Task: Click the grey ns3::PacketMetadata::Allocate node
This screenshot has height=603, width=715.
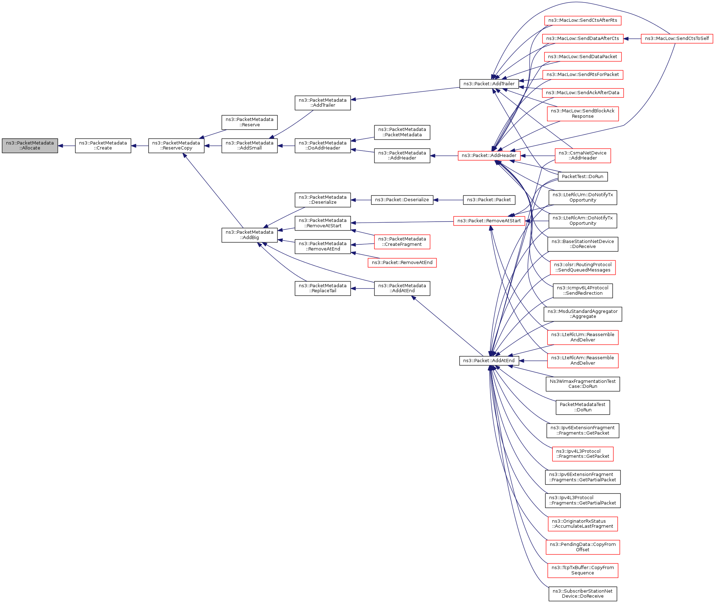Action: [x=30, y=146]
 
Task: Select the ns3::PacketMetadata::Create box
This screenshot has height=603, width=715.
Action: [x=103, y=146]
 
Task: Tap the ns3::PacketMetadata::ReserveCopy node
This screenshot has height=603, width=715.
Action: [x=176, y=146]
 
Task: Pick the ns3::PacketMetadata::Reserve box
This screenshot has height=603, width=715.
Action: [x=249, y=122]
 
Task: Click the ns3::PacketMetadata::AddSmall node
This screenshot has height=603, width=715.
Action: [x=249, y=146]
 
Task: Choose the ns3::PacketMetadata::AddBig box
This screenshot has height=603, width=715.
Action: [x=249, y=235]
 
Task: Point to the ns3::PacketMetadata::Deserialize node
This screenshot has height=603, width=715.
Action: [x=322, y=200]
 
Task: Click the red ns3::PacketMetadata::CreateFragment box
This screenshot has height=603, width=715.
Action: [x=402, y=242]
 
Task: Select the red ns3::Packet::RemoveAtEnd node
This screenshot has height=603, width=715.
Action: [x=402, y=263]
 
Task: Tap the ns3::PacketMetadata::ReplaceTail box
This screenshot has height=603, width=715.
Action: [x=322, y=288]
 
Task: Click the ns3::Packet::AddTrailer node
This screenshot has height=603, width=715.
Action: [x=489, y=84]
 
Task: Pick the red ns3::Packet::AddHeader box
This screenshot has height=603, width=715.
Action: [x=489, y=156]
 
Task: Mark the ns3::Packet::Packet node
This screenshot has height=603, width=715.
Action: [x=489, y=200]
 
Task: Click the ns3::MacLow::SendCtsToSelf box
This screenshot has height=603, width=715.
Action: [x=676, y=39]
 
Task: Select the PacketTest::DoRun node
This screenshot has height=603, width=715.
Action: [x=582, y=177]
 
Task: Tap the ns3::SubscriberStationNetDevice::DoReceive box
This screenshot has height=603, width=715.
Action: [x=582, y=594]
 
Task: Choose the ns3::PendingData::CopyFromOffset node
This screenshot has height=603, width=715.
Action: [x=582, y=547]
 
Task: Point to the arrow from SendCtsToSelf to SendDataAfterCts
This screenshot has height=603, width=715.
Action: [x=632, y=39]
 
